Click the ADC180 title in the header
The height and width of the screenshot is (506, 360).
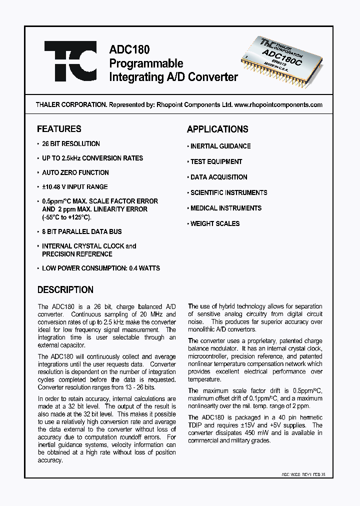point(129,50)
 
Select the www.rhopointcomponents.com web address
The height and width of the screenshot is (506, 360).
point(278,105)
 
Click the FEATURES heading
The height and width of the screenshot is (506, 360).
point(59,129)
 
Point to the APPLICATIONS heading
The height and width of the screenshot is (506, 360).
point(217,129)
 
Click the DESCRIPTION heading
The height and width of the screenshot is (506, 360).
point(65,289)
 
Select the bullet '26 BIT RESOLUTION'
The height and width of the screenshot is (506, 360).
point(71,143)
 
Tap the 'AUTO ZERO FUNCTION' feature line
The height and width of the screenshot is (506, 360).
point(75,172)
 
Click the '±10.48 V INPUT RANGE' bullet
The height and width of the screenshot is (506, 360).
point(74,187)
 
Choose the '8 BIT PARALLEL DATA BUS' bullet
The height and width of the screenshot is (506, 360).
point(81,231)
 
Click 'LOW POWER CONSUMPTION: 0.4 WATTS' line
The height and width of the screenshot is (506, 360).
point(100,268)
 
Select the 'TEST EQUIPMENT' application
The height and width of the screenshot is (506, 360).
point(216,161)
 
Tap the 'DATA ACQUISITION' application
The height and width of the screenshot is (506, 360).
point(218,177)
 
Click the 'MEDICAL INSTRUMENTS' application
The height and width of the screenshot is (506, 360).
point(226,208)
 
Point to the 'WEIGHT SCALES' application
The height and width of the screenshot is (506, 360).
point(215,223)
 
